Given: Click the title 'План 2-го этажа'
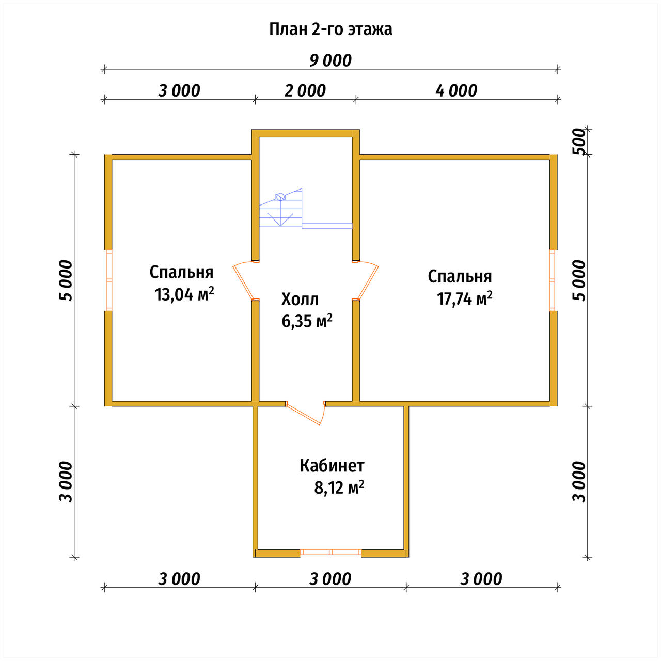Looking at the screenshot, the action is pos(330,29).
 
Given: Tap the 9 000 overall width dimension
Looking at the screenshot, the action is pos(330,61).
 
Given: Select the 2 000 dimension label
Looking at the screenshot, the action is pos(305,91).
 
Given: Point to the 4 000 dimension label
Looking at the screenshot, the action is pos(456,91).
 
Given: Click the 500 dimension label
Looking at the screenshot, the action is pos(579,141).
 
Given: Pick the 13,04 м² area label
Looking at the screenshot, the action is pos(184,294).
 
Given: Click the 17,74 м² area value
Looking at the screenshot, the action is pos(464,298).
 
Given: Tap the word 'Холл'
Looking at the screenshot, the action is pos(300,299).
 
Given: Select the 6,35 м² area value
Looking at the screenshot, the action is pos(307,321).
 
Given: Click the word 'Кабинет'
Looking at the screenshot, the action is pos(332,466).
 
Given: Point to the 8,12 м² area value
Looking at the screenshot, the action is pos(339,487).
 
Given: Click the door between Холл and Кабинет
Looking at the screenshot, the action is pos(305,413).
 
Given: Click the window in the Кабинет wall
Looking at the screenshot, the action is pos(331,552).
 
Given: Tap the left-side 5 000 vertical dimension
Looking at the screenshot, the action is pos(66,280).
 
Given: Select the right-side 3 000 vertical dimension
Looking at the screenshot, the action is pos(579,482).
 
